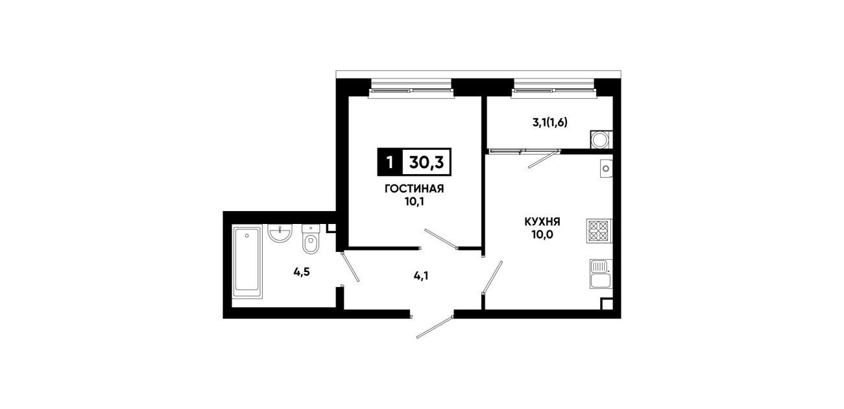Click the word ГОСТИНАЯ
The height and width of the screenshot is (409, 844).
tap(414, 188)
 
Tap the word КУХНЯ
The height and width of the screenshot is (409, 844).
tap(542, 221)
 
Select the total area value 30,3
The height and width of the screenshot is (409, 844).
tap(426, 162)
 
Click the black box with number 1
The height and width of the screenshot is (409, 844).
tap(390, 162)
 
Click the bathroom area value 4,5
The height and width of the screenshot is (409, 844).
tap(302, 272)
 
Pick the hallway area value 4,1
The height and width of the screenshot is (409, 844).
tap(421, 277)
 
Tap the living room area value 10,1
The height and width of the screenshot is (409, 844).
tap(415, 202)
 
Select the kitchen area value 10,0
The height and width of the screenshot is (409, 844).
tap(542, 235)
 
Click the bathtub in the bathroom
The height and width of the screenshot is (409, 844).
tap(247, 262)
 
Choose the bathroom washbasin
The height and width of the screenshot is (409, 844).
tap(280, 233)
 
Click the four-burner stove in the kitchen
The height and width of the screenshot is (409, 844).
tap(599, 231)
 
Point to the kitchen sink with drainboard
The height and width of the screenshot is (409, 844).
tap(601, 274)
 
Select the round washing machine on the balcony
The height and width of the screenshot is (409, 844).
tap(599, 140)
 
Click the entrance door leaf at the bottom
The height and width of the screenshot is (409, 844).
tap(434, 327)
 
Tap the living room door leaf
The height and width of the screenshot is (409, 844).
tap(441, 239)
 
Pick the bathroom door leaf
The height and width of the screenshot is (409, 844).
tap(350, 267)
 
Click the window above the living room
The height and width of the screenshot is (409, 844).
tap(411, 89)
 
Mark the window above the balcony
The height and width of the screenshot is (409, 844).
tap(554, 89)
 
